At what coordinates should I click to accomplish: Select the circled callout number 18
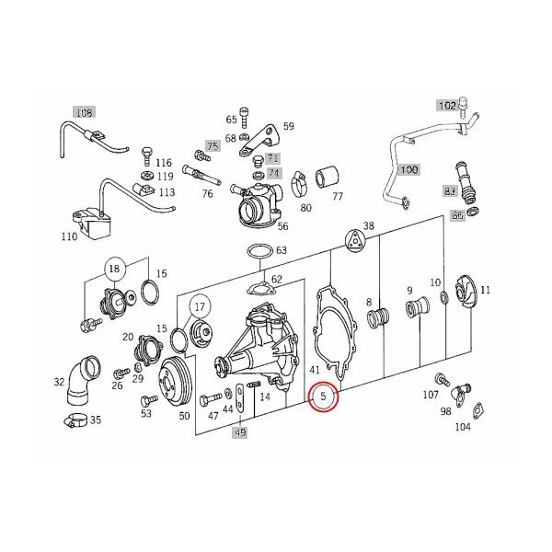click(114, 269)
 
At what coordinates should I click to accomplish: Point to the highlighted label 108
click(84, 113)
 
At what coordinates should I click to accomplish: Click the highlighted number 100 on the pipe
click(408, 170)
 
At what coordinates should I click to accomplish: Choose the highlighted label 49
click(239, 431)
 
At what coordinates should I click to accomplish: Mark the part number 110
click(68, 236)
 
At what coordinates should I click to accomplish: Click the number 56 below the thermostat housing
click(282, 225)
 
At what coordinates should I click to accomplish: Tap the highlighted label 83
click(450, 192)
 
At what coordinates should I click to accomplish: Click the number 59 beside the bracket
click(287, 126)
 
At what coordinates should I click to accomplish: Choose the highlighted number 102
click(446, 105)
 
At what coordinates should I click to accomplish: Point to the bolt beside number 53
click(144, 401)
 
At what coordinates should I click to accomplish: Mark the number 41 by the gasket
click(315, 369)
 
